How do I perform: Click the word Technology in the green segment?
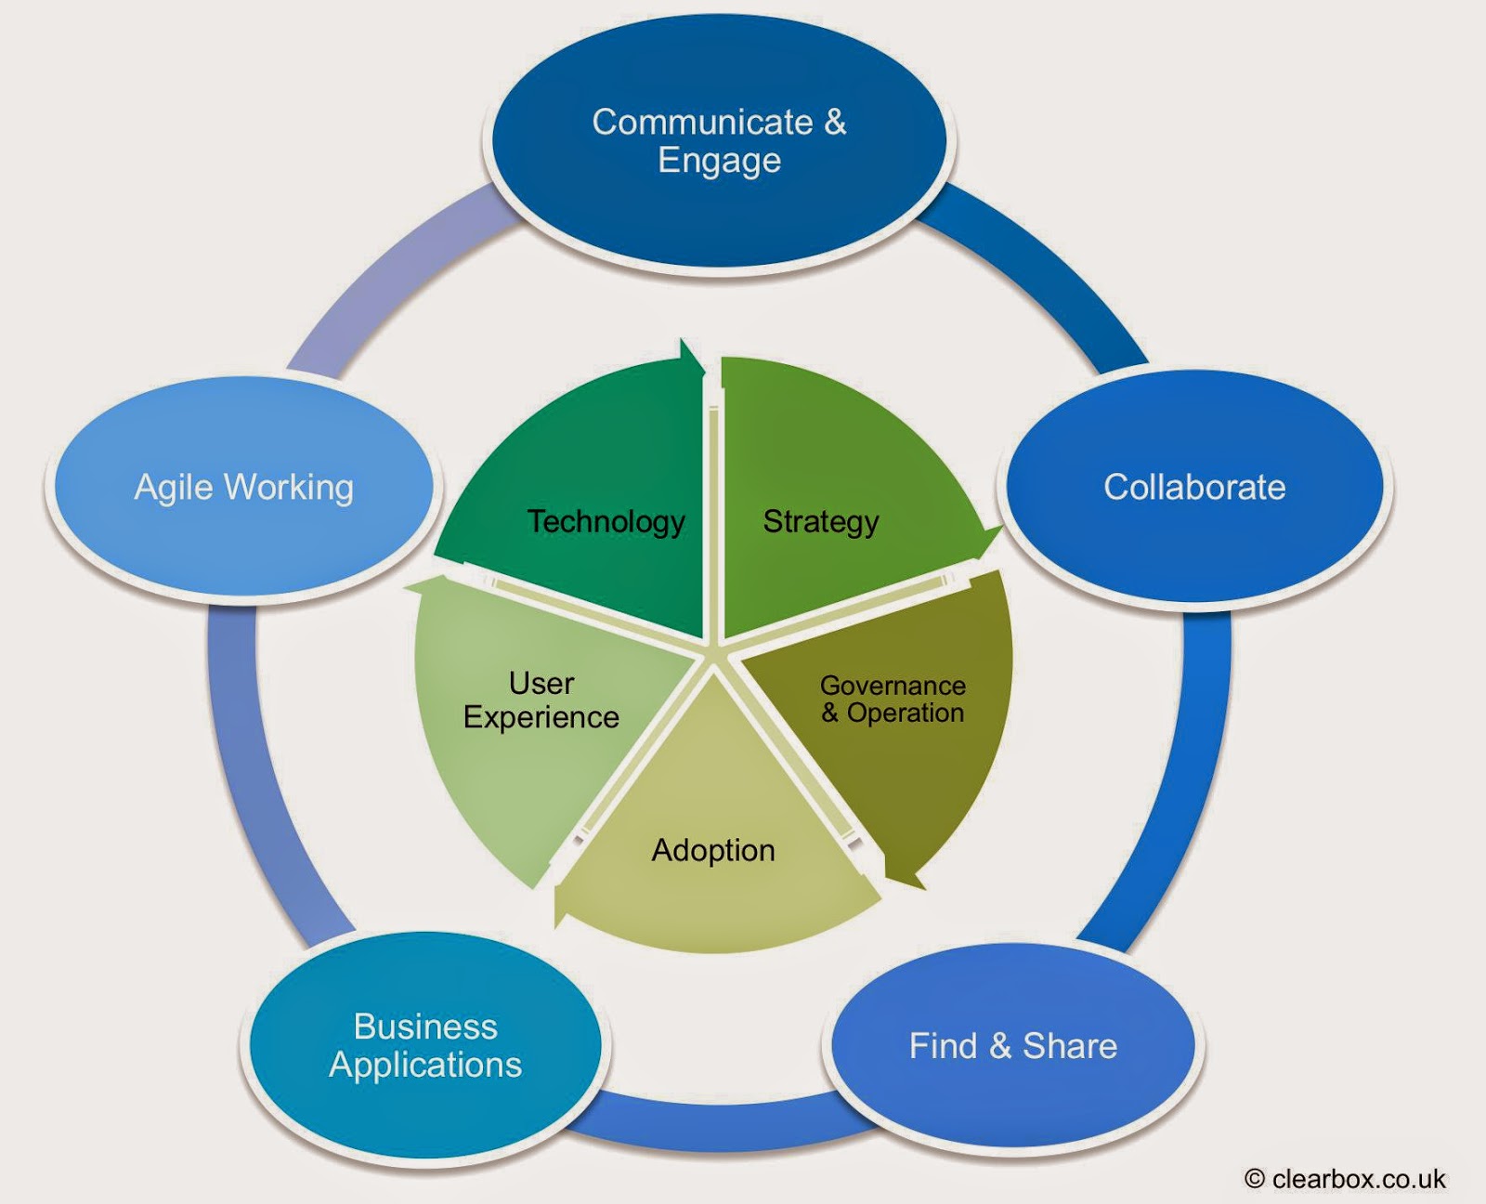point(606,521)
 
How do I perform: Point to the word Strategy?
point(821,521)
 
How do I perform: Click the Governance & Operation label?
point(893,699)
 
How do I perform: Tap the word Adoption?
point(713,850)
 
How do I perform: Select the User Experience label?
point(541,700)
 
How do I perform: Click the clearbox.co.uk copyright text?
point(1346,1179)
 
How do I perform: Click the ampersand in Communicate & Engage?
point(835,122)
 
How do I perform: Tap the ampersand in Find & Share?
point(1000,1046)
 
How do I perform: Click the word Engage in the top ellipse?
point(719,161)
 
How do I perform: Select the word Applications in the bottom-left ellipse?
point(425,1065)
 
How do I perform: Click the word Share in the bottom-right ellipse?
point(1070,1046)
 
